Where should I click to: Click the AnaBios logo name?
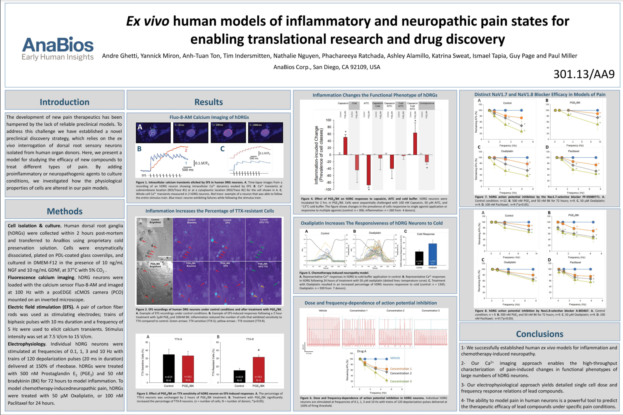tap(58, 45)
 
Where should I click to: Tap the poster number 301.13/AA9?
tap(584, 74)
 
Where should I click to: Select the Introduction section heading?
tap(64, 102)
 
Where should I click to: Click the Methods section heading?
tap(64, 211)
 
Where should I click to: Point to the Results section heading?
tap(209, 102)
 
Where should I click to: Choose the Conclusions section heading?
tap(539, 334)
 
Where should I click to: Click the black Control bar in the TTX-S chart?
tap(169, 368)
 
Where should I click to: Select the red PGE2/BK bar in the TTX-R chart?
tap(258, 369)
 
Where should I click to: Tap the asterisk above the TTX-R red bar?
tap(259, 350)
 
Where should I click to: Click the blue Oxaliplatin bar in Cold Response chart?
tap(432, 254)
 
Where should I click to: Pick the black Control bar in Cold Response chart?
tap(419, 258)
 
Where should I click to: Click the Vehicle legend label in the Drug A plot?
tap(395, 358)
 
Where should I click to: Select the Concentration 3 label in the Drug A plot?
tap(401, 381)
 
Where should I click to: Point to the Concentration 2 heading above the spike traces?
tap(395, 311)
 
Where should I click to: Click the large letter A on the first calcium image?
tap(140, 127)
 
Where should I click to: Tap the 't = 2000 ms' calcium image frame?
tap(265, 132)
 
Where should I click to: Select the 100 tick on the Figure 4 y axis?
tap(328, 120)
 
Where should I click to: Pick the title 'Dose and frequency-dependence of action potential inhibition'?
tap(371, 303)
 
